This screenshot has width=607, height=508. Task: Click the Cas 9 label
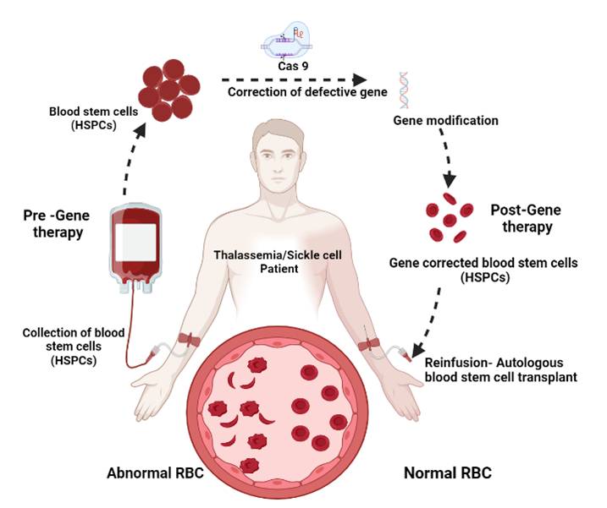click(293, 66)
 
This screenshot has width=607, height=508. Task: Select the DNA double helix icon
click(404, 90)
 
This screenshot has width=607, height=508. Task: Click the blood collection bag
click(135, 248)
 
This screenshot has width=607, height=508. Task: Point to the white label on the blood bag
click(136, 243)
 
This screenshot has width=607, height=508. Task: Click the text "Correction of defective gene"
click(307, 92)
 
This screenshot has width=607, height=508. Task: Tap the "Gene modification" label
click(445, 121)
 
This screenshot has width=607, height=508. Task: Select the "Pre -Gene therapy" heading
click(57, 223)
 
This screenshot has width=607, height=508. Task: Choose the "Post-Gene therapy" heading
click(526, 218)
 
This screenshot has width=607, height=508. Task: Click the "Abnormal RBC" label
click(155, 473)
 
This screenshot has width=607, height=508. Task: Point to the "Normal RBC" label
click(448, 473)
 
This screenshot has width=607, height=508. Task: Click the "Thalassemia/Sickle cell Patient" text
click(278, 262)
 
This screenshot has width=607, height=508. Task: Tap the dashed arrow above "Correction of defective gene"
click(295, 80)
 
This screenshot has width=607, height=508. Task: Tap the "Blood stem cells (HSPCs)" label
click(93, 118)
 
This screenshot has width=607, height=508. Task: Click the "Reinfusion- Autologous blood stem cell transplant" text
click(501, 369)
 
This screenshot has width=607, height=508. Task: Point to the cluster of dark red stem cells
click(169, 90)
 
